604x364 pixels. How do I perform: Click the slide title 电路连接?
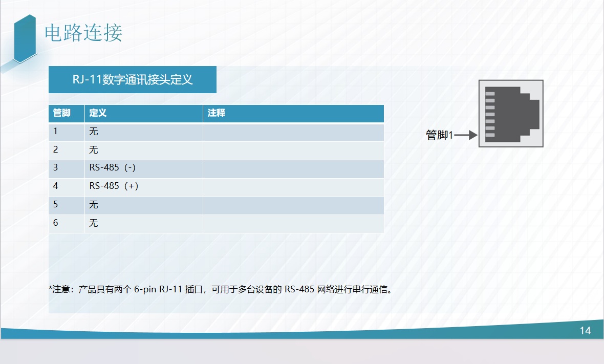tap(83, 33)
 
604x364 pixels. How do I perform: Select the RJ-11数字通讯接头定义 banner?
tap(133, 79)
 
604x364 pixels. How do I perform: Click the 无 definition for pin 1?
tap(94, 132)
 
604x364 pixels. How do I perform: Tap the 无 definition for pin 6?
tap(94, 223)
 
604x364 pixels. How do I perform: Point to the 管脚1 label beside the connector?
tap(439, 135)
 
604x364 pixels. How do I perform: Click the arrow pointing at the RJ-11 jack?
tap(466, 135)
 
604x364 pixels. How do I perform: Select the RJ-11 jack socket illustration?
tap(511, 114)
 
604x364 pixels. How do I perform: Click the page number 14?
tap(585, 331)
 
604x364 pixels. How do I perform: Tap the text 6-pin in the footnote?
tap(145, 289)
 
